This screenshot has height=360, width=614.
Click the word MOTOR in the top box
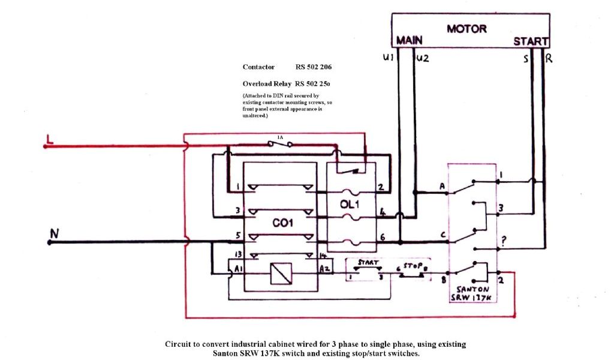click(466, 29)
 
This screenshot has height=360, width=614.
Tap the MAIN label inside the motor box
click(410, 41)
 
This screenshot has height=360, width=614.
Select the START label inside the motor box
click(531, 41)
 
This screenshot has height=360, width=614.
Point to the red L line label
click(50, 141)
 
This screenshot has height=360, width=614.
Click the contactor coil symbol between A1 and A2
click(280, 273)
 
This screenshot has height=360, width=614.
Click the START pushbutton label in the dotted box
click(368, 263)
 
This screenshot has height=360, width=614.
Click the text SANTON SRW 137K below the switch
click(474, 293)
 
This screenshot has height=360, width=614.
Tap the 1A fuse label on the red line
click(280, 137)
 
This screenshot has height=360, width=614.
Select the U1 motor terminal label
click(388, 58)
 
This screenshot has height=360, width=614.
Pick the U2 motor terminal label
click(423, 58)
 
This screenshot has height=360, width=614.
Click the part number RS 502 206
click(313, 67)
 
